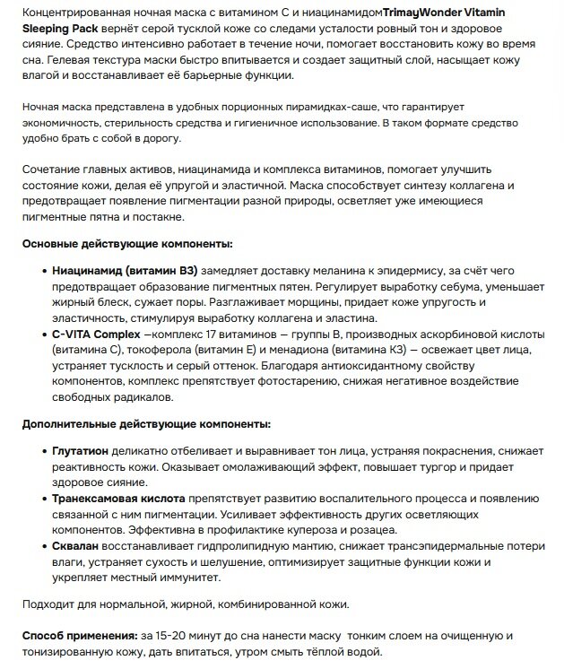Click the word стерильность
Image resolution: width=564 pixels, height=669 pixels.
point(135,122)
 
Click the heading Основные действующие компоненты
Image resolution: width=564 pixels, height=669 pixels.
point(126,245)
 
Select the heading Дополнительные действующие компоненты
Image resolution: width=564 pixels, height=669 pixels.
point(146,423)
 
